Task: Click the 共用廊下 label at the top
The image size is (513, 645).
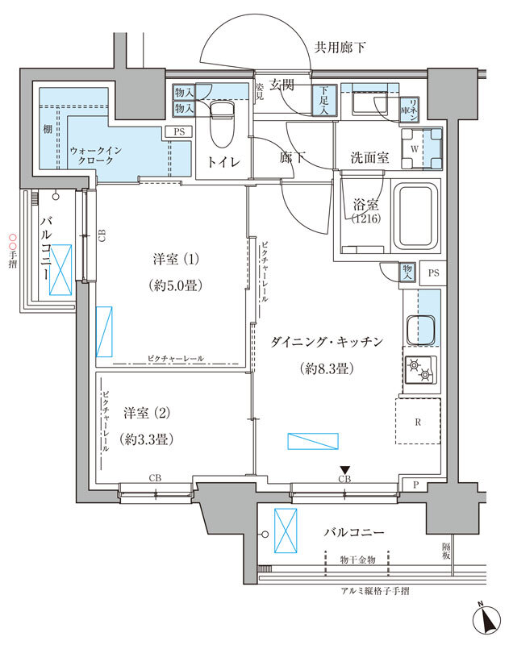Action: coord(339,48)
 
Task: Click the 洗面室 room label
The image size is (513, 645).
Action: coord(370,158)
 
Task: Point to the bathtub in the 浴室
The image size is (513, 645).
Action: coord(414,215)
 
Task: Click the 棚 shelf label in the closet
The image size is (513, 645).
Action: coord(48,129)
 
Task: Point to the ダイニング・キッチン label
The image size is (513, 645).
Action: coord(332,343)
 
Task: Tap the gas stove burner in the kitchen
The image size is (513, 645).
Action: coord(420,371)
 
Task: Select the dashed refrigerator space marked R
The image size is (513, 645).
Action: coord(419,421)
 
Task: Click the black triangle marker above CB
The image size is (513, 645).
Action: coord(344,469)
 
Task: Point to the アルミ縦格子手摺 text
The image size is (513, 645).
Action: coord(375,591)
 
